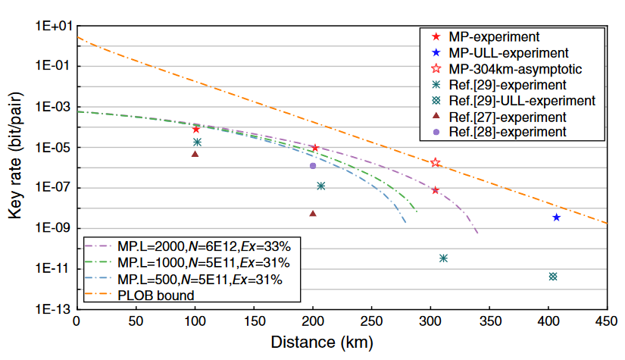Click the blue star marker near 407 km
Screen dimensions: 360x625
(x=556, y=218)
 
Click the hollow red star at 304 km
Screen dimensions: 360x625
(x=435, y=162)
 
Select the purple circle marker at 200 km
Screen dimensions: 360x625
(x=313, y=165)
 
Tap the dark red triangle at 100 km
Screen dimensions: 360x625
(x=195, y=154)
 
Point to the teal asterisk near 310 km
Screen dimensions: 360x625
(x=443, y=258)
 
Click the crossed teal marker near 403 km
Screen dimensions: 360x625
(x=553, y=277)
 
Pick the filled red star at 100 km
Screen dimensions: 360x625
(x=196, y=130)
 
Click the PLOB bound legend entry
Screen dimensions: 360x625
(x=156, y=295)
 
